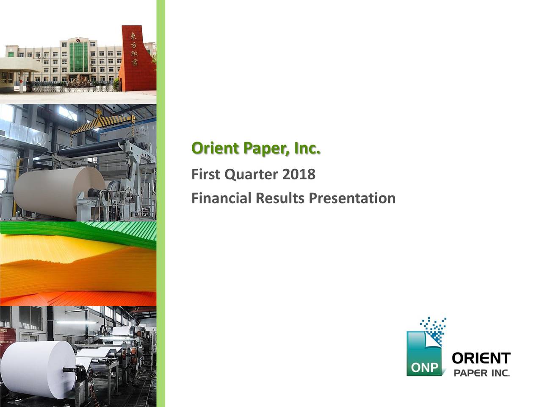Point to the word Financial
tap(221, 198)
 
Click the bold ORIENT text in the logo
tap(481, 359)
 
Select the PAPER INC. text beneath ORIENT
tap(481, 374)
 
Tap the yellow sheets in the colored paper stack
tap(55, 254)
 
